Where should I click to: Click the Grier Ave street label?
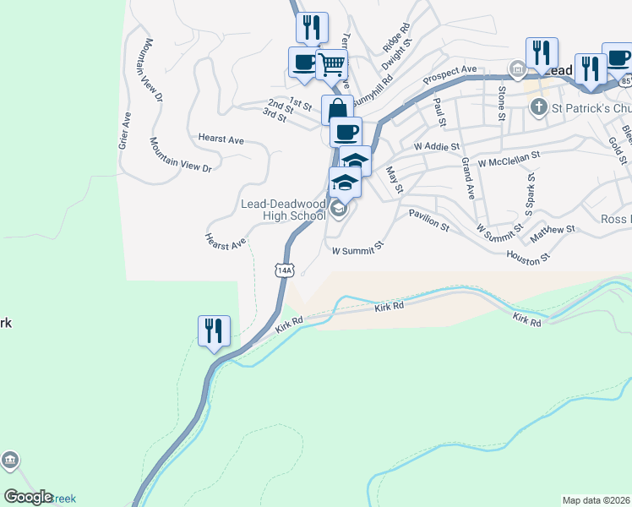(125, 131)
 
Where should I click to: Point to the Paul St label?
(439, 112)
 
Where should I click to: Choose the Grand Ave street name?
(468, 179)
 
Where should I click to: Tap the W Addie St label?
(436, 146)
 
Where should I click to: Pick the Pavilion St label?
(429, 221)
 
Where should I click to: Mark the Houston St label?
(529, 254)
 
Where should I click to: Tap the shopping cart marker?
(331, 64)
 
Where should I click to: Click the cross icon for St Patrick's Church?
(538, 106)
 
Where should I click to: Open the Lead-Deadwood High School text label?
(283, 210)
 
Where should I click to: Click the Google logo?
(28, 498)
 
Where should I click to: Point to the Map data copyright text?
(597, 500)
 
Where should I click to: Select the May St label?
(392, 179)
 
